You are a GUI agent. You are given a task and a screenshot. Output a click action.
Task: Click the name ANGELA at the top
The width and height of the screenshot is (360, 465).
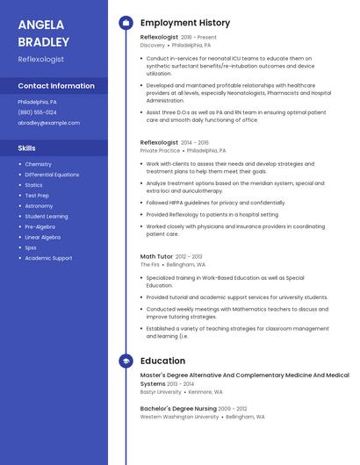tap(40, 24)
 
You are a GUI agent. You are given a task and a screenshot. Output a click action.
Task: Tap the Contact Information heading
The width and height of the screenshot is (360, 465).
tap(56, 86)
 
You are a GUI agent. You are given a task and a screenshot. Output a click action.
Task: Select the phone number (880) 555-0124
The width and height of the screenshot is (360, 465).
tap(37, 112)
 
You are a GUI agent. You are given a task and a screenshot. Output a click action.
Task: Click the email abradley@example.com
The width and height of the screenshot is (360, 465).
tap(48, 123)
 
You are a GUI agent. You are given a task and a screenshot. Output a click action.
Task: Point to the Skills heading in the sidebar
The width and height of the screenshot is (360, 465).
tap(26, 148)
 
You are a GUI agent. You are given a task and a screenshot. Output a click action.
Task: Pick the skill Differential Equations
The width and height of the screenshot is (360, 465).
tap(52, 175)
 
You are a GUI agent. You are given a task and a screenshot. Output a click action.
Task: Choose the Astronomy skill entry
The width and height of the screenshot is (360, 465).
tap(39, 206)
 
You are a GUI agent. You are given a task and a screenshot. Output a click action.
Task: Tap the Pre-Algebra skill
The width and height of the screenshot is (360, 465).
tap(40, 226)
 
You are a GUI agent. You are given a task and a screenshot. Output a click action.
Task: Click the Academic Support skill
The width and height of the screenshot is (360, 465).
tap(48, 258)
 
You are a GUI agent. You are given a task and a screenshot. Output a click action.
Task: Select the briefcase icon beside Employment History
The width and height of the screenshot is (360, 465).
tap(126, 23)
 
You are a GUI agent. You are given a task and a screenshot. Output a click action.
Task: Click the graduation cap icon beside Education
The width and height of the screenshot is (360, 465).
tap(126, 361)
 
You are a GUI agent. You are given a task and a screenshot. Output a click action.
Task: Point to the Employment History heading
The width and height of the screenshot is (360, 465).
tap(185, 23)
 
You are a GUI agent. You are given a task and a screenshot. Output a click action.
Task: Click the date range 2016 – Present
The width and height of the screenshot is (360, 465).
tap(198, 38)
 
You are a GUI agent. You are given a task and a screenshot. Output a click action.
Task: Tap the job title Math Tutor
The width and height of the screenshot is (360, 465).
tap(155, 256)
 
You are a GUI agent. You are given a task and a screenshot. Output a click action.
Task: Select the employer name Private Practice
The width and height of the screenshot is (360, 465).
tap(160, 150)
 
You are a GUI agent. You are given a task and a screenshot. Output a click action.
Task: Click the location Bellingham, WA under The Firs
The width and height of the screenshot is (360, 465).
tap(186, 264)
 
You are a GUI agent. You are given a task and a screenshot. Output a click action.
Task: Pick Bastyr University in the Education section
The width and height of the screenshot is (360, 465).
tap(161, 391)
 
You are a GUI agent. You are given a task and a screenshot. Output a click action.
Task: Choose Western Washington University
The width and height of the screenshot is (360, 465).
tap(179, 417)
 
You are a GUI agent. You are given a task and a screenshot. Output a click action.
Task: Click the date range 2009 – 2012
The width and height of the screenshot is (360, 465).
tap(233, 409)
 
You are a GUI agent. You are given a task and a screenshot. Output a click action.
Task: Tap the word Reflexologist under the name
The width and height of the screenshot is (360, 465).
tap(40, 60)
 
